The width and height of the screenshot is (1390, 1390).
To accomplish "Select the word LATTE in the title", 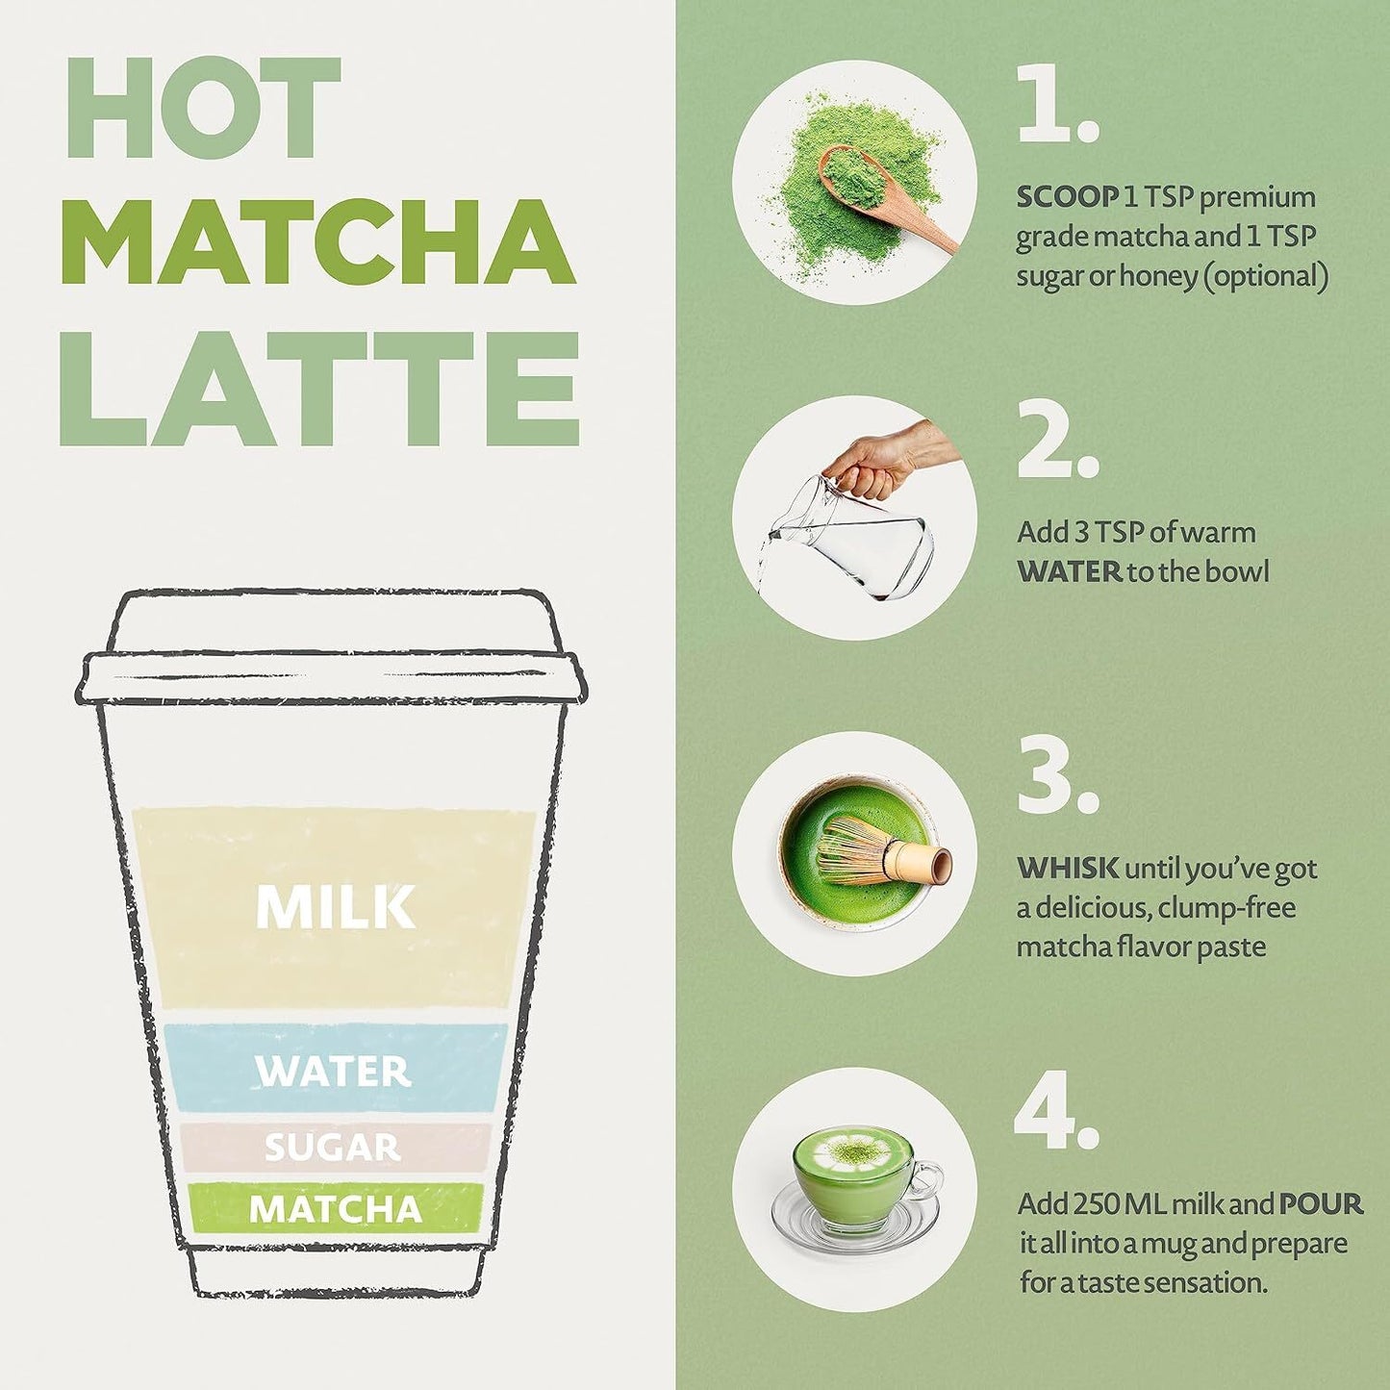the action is point(319,388).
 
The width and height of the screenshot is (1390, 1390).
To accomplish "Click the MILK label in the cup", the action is point(336,907).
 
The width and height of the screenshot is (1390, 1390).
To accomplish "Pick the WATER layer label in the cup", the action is point(333,1072).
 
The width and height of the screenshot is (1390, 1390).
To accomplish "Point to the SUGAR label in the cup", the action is point(333,1147).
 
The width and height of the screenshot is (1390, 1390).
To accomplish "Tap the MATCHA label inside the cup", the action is point(336,1210).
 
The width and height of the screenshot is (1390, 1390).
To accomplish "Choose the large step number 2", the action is point(1057,438).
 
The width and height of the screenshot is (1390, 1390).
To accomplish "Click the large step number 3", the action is point(1057,774).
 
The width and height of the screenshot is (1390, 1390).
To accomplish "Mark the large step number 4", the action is point(1056,1111).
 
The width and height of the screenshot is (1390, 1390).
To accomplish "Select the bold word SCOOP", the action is point(1066,197).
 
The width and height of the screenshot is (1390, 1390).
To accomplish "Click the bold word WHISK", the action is point(1068,869).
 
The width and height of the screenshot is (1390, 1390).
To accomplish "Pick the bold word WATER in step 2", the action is point(1069,572).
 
